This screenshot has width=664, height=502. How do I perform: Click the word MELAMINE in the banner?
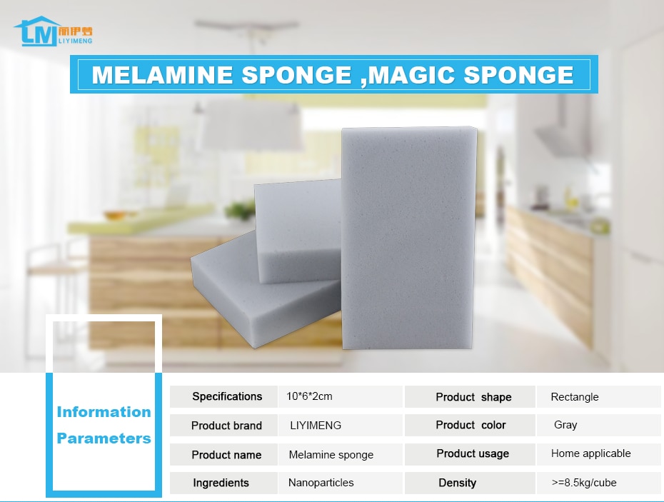(162, 75)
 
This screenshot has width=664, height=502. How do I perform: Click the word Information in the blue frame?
(104, 412)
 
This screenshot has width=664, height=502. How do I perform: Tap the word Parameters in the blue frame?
(104, 438)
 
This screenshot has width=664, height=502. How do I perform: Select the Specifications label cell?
(223, 396)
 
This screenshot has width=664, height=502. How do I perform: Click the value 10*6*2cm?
(309, 396)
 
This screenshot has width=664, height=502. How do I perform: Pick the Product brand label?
(226, 426)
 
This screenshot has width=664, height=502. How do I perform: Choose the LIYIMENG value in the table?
(316, 426)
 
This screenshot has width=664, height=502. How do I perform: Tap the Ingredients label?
(221, 483)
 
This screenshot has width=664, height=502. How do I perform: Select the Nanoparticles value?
(321, 483)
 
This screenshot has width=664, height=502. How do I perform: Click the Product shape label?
(473, 397)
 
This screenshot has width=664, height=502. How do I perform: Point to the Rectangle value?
(575, 397)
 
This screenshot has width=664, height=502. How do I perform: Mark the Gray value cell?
(599, 425)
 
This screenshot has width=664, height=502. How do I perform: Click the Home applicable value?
(590, 453)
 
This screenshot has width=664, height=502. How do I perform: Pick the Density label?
(458, 483)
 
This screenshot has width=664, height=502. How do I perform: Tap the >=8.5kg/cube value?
(584, 483)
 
